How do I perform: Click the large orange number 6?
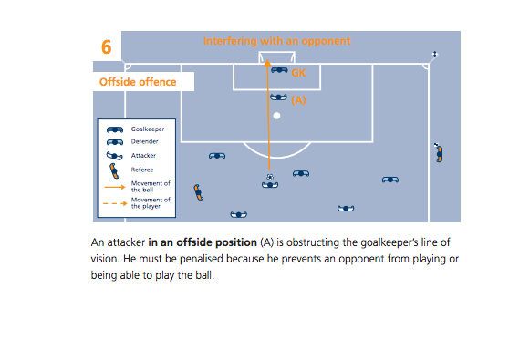pos(107,47)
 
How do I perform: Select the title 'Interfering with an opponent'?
pos(277,41)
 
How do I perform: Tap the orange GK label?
pos(298,73)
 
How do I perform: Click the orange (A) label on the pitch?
pos(298,100)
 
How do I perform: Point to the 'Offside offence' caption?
pos(138,82)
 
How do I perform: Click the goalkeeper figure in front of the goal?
pos(279,70)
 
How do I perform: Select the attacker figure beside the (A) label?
pos(278,97)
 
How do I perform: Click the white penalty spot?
pos(276,116)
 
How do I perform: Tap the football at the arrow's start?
pos(270,177)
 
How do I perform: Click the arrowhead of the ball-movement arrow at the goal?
pos(267,63)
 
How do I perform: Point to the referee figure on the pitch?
pos(198,192)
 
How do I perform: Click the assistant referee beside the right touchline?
pos(439,152)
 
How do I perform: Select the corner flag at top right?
pos(435,54)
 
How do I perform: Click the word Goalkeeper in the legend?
pos(148,129)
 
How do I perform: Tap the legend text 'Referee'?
pos(142,170)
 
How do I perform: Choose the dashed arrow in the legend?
pos(115,203)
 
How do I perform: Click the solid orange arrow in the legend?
pos(115,187)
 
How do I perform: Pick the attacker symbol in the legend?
pos(115,156)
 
